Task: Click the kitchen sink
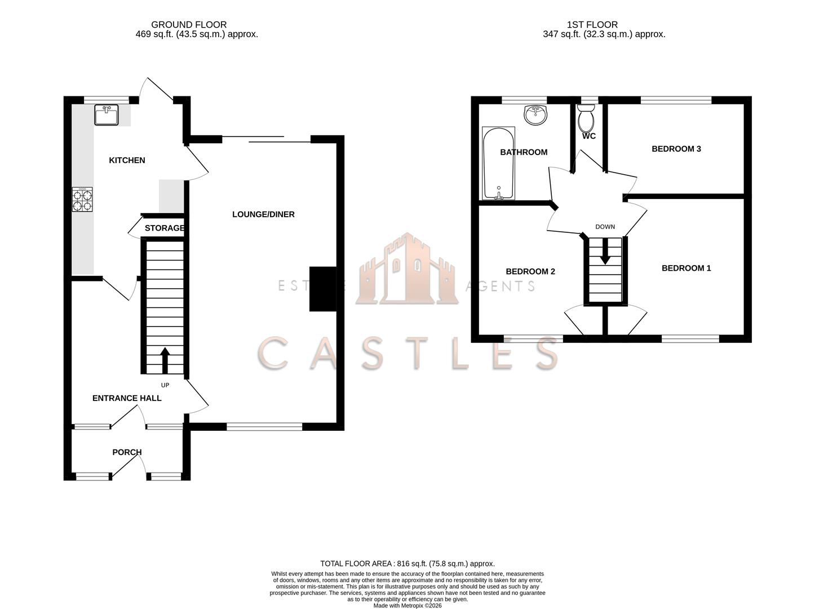tap(107, 115)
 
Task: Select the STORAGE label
tap(164, 228)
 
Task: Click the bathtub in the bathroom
tap(498, 164)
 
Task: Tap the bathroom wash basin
tap(535, 116)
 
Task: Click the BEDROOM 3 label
tap(676, 149)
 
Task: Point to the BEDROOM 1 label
tap(686, 268)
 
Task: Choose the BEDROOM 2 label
tap(530, 271)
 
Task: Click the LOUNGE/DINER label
tap(263, 214)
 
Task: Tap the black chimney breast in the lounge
tap(322, 289)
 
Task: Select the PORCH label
tap(127, 452)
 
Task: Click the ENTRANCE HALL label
tap(127, 398)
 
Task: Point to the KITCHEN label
tap(127, 160)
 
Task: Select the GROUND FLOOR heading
tap(189, 25)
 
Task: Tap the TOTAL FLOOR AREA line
tap(407, 563)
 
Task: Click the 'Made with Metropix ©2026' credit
tap(407, 606)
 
